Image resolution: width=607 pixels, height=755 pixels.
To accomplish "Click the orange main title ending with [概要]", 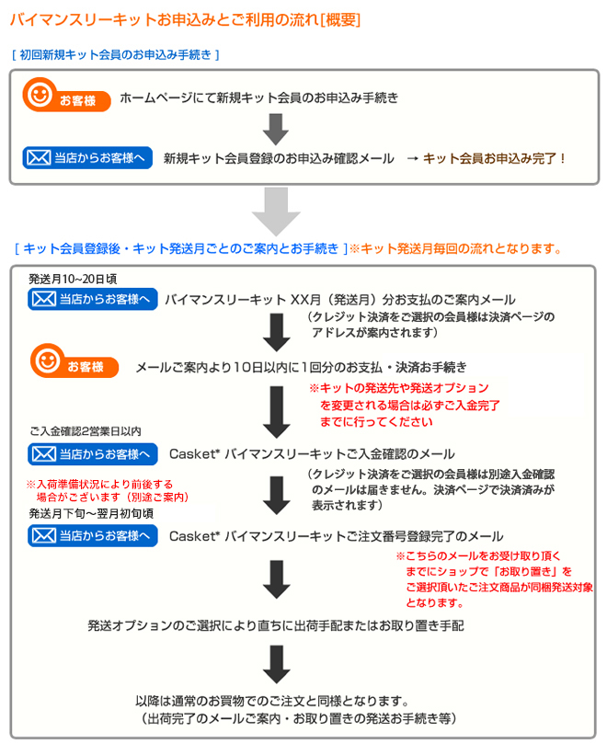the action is [186, 19].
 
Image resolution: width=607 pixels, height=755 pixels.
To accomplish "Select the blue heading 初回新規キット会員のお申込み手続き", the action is [116, 55].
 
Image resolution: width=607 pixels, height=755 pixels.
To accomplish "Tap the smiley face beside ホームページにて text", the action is [40, 95].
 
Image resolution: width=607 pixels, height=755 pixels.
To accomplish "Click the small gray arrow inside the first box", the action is [275, 129].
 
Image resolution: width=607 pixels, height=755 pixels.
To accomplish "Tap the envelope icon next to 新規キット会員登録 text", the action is [39, 157].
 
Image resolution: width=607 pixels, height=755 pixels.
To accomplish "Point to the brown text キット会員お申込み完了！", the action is [495, 158].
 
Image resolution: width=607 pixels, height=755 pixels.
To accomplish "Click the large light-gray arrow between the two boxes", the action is [276, 212].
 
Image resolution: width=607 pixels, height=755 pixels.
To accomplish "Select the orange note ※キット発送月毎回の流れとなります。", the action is [456, 248].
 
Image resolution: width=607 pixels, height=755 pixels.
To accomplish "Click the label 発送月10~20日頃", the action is [73, 279].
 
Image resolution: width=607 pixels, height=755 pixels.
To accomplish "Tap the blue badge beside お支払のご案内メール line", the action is [92, 300].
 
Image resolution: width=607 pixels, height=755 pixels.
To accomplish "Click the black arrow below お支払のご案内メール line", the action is [276, 332].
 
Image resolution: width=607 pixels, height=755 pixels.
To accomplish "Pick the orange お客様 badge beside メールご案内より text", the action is [74, 361].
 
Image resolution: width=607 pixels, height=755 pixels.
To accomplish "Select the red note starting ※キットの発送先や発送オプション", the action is [405, 405].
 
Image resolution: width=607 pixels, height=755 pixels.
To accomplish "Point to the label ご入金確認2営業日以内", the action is [86, 431].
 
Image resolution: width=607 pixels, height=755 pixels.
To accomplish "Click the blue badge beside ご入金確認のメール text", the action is [92, 454].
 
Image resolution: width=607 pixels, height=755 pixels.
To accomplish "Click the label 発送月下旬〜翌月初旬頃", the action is [91, 514].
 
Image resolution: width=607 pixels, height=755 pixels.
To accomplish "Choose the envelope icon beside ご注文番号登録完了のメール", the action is [44, 535].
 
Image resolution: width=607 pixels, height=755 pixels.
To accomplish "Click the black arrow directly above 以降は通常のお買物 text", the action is [276, 665].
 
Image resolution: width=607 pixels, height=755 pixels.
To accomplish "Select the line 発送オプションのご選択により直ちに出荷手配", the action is [275, 625].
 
